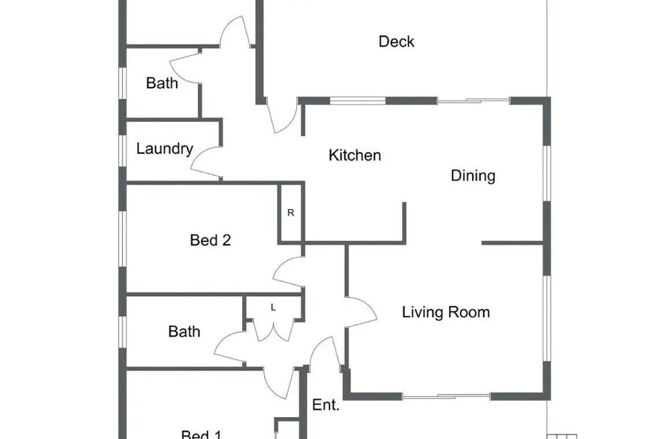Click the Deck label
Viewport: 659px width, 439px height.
[x=397, y=42]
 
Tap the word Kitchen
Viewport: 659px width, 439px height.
[x=355, y=155]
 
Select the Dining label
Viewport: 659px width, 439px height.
[x=473, y=176]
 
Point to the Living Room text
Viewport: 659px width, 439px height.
[x=446, y=312]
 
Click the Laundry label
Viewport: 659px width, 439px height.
[x=165, y=148]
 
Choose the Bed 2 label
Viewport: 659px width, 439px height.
[x=210, y=240]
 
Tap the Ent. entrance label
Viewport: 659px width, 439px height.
[x=325, y=405]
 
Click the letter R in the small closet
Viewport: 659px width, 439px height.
[x=290, y=213]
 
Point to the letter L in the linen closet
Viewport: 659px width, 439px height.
[x=273, y=308]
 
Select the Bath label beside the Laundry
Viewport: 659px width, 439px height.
[x=162, y=83]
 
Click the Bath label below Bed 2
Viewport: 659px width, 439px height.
[x=184, y=332]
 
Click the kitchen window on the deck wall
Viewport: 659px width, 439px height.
[x=357, y=101]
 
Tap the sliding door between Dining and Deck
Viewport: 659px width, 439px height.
[x=473, y=101]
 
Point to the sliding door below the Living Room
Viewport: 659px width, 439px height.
[x=446, y=396]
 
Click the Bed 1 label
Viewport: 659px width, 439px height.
[x=201, y=434]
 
